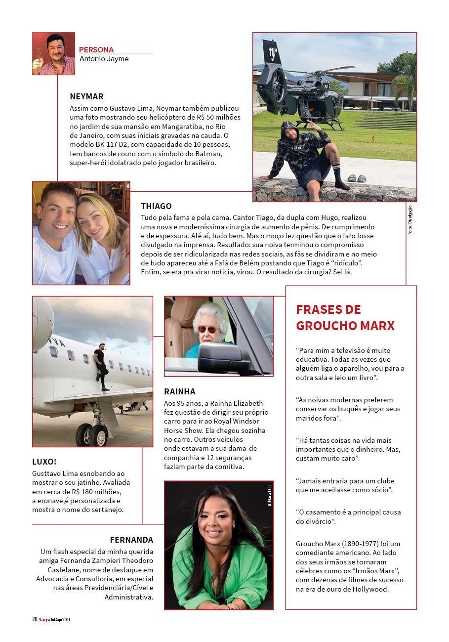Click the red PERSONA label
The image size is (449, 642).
[96, 49]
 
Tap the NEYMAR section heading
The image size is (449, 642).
[86, 96]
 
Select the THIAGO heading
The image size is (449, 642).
[156, 206]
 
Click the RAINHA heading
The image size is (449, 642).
[180, 391]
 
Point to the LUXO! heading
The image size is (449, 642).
[44, 462]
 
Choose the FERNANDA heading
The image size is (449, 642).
[131, 540]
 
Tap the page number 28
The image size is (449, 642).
[35, 619]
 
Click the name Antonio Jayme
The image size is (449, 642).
[104, 59]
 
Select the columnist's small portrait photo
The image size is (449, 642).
[53, 53]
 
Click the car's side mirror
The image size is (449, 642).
[218, 352]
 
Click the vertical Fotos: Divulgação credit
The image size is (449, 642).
[410, 219]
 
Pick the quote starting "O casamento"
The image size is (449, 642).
[349, 516]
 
